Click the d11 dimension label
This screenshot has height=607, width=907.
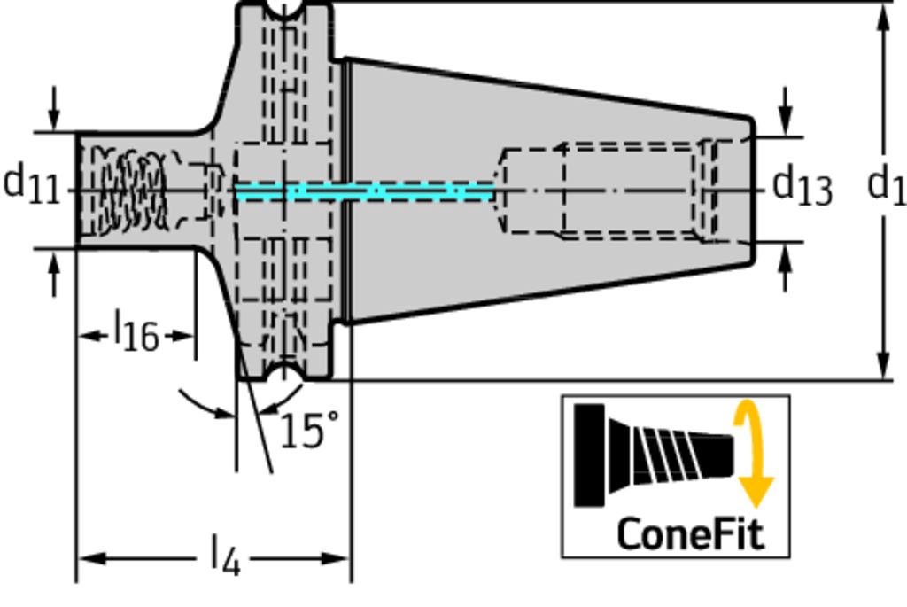point(31,185)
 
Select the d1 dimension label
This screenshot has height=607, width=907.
point(886,186)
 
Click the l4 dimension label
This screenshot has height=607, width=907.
point(225,557)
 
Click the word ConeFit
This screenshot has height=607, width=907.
point(689,533)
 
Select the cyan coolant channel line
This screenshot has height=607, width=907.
point(363,191)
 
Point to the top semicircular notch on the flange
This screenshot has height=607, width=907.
point(283,9)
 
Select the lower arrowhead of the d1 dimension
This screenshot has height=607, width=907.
point(883,366)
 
